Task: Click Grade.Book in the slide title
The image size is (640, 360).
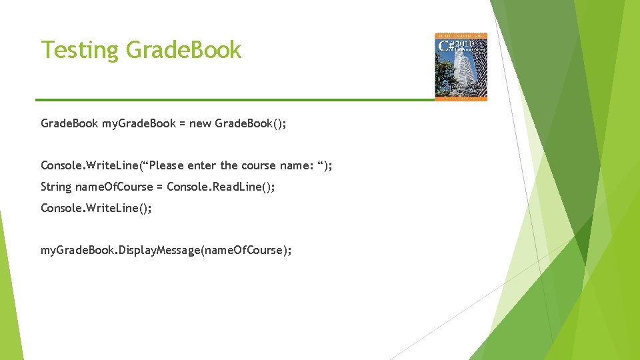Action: coord(183,50)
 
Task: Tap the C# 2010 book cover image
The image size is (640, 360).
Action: coord(461,67)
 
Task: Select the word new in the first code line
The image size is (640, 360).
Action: coord(201,123)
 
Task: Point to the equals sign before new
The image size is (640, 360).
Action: coord(182,124)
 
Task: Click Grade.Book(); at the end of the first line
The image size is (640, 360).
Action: coord(251,123)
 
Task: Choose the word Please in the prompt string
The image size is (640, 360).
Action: coord(163,165)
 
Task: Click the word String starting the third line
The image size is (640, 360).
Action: coord(55,187)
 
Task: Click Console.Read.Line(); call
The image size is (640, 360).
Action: coord(221,187)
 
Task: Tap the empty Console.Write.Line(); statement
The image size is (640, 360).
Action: coord(96,208)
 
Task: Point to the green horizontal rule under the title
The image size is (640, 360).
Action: coord(233,100)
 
